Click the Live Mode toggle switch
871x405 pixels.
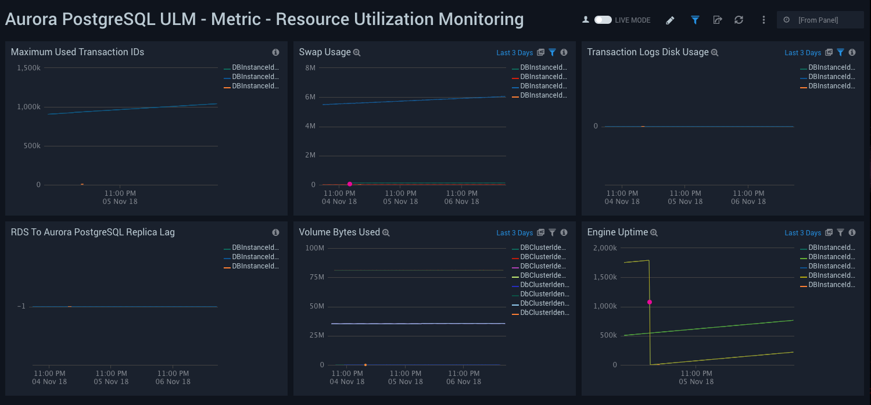pos(603,20)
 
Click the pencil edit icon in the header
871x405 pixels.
pos(670,20)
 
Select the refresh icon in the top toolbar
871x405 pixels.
pos(739,20)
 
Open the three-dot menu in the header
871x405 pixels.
pos(764,20)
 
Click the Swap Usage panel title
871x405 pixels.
pos(324,52)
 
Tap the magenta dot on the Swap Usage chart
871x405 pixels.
pos(350,184)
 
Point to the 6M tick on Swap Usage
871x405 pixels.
pos(309,97)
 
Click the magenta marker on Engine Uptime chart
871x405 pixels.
pos(650,302)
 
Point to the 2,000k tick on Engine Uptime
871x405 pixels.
pos(604,248)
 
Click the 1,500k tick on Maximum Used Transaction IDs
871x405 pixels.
pos(28,68)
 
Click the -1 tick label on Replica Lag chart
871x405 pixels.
pos(21,306)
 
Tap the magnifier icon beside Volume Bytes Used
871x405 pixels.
pos(386,233)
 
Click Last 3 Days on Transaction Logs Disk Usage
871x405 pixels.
pos(802,53)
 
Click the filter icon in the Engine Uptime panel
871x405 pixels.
pos(840,232)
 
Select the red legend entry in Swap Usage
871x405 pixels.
pos(543,77)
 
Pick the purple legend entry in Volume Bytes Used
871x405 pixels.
pos(543,266)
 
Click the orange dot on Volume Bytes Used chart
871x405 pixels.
pos(365,365)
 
